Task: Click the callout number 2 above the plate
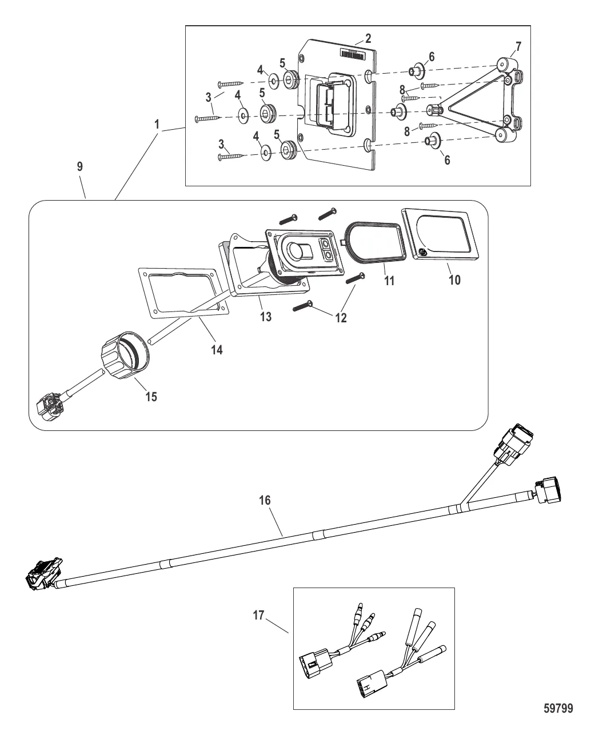pos(368,38)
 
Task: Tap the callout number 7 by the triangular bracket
pos(518,46)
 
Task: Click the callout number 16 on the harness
pos(265,500)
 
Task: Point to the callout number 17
pos(259,615)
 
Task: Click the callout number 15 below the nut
pos(151,397)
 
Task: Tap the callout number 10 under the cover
pos(455,279)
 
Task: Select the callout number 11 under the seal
pos(389,281)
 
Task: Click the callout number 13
pos(266,317)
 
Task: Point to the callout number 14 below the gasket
pos(217,350)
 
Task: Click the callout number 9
pos(80,166)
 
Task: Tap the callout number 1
pos(157,124)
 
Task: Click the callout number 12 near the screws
pos(341,317)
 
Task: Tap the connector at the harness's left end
pos(44,574)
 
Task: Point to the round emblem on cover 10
pos(423,253)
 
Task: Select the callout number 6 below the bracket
pos(447,160)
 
